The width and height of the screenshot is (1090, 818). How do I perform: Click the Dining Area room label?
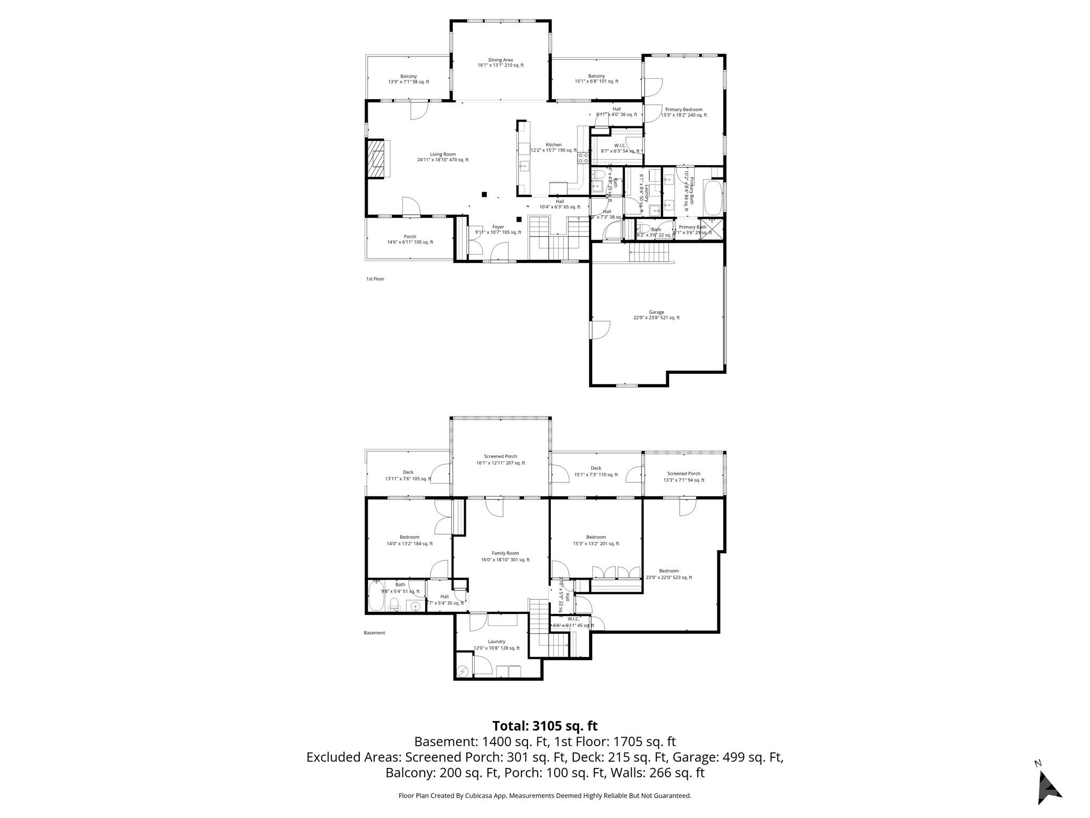coord(500,62)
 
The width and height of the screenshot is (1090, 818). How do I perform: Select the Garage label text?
coord(656,315)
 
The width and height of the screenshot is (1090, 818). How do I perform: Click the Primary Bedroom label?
coord(683,112)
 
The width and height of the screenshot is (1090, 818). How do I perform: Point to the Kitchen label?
coord(554,148)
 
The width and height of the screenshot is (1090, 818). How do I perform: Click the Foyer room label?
coord(498,230)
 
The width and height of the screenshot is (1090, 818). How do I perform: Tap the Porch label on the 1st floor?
coord(410,239)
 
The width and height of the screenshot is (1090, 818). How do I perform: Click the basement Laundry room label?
coord(497,644)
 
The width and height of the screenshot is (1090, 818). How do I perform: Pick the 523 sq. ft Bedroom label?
coord(669,574)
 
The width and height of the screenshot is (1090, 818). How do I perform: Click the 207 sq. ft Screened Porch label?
coord(500,460)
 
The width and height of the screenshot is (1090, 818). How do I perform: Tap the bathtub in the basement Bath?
coord(375,596)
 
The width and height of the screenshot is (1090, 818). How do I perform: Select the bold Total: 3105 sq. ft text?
coord(544,726)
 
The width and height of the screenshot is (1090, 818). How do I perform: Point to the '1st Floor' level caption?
coord(375,279)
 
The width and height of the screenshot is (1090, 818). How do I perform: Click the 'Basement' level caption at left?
coord(374,633)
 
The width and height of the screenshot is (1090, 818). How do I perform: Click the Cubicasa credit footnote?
coord(544,796)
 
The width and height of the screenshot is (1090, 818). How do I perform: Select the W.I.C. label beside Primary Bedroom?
coord(620,148)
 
